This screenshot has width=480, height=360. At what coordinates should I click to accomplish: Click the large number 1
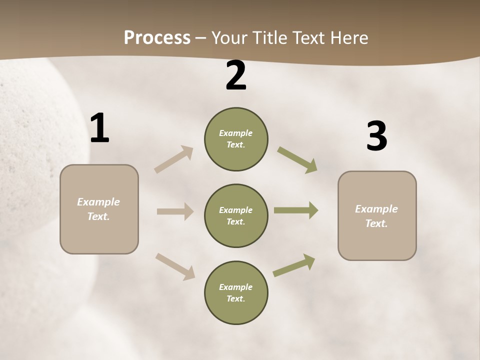click(99, 128)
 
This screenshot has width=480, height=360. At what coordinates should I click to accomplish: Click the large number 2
click(236, 76)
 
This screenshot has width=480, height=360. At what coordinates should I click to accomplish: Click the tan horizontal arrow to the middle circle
click(175, 211)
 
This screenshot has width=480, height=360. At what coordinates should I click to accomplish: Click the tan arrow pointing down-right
click(175, 266)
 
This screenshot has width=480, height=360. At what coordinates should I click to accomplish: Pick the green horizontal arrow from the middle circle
click(296, 210)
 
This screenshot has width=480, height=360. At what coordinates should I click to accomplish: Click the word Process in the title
click(157, 37)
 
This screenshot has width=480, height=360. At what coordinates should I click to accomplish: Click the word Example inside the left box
click(98, 202)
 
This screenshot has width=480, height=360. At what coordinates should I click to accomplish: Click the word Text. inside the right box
click(376, 223)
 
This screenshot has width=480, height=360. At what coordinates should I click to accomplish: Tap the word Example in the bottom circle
click(235, 287)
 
